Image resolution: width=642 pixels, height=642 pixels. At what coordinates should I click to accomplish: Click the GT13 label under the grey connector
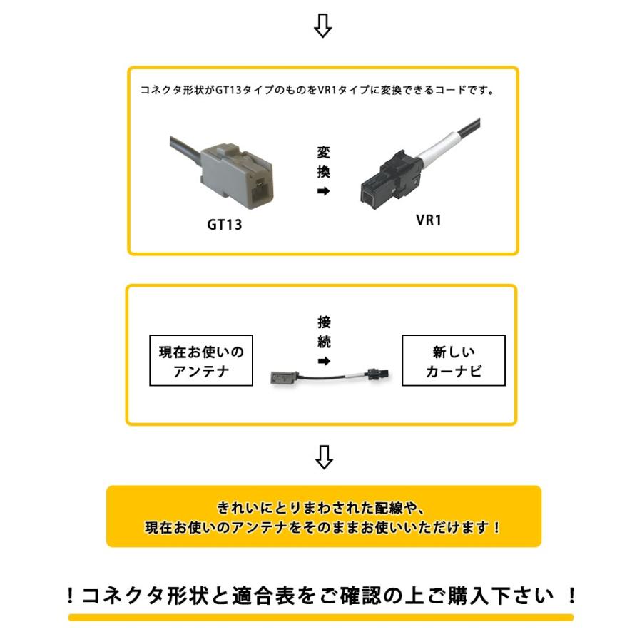point(224,225)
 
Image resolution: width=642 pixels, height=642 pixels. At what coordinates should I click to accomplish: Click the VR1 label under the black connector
point(429,220)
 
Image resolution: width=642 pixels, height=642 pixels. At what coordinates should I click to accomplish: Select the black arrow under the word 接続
point(324,362)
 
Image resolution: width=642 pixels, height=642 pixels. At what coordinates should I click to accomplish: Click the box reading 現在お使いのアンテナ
point(201,362)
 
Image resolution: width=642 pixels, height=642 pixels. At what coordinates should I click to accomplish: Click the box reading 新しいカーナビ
point(454,362)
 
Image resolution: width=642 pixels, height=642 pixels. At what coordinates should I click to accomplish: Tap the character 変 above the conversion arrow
point(323,152)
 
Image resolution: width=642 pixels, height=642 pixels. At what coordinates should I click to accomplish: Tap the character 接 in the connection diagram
point(324,322)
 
